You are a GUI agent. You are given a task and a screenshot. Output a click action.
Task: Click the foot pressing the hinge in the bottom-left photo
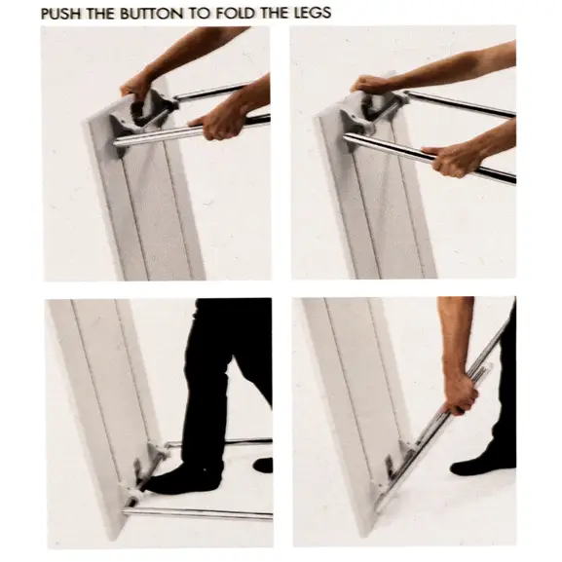click(x=183, y=478)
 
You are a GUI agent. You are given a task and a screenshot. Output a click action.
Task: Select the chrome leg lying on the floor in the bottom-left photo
click(x=197, y=513)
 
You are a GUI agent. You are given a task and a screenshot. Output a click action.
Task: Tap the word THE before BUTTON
click(x=101, y=14)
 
